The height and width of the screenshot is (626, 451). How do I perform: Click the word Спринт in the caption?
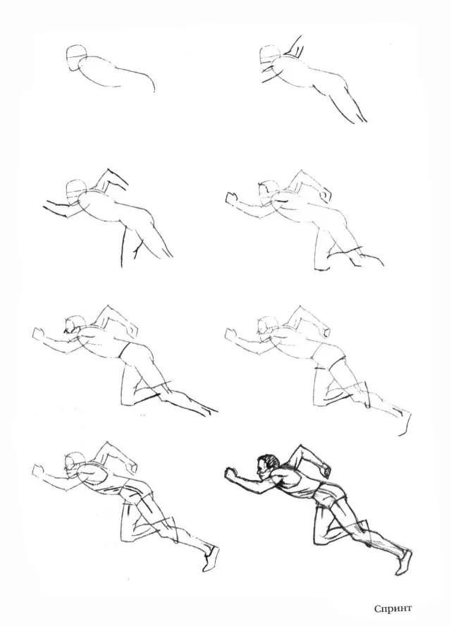click(x=393, y=609)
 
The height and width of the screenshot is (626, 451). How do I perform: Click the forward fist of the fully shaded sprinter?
click(x=231, y=474)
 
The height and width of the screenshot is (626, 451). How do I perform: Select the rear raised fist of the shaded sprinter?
click(x=326, y=470)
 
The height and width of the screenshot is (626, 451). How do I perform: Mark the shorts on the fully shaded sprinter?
click(x=328, y=494)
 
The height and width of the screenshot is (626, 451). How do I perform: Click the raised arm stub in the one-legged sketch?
click(x=295, y=47)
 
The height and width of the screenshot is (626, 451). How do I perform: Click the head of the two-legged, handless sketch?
click(x=76, y=192)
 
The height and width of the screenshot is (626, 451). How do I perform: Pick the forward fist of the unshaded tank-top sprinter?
click(x=38, y=469)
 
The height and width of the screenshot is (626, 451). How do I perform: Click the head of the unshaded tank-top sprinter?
click(x=74, y=464)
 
